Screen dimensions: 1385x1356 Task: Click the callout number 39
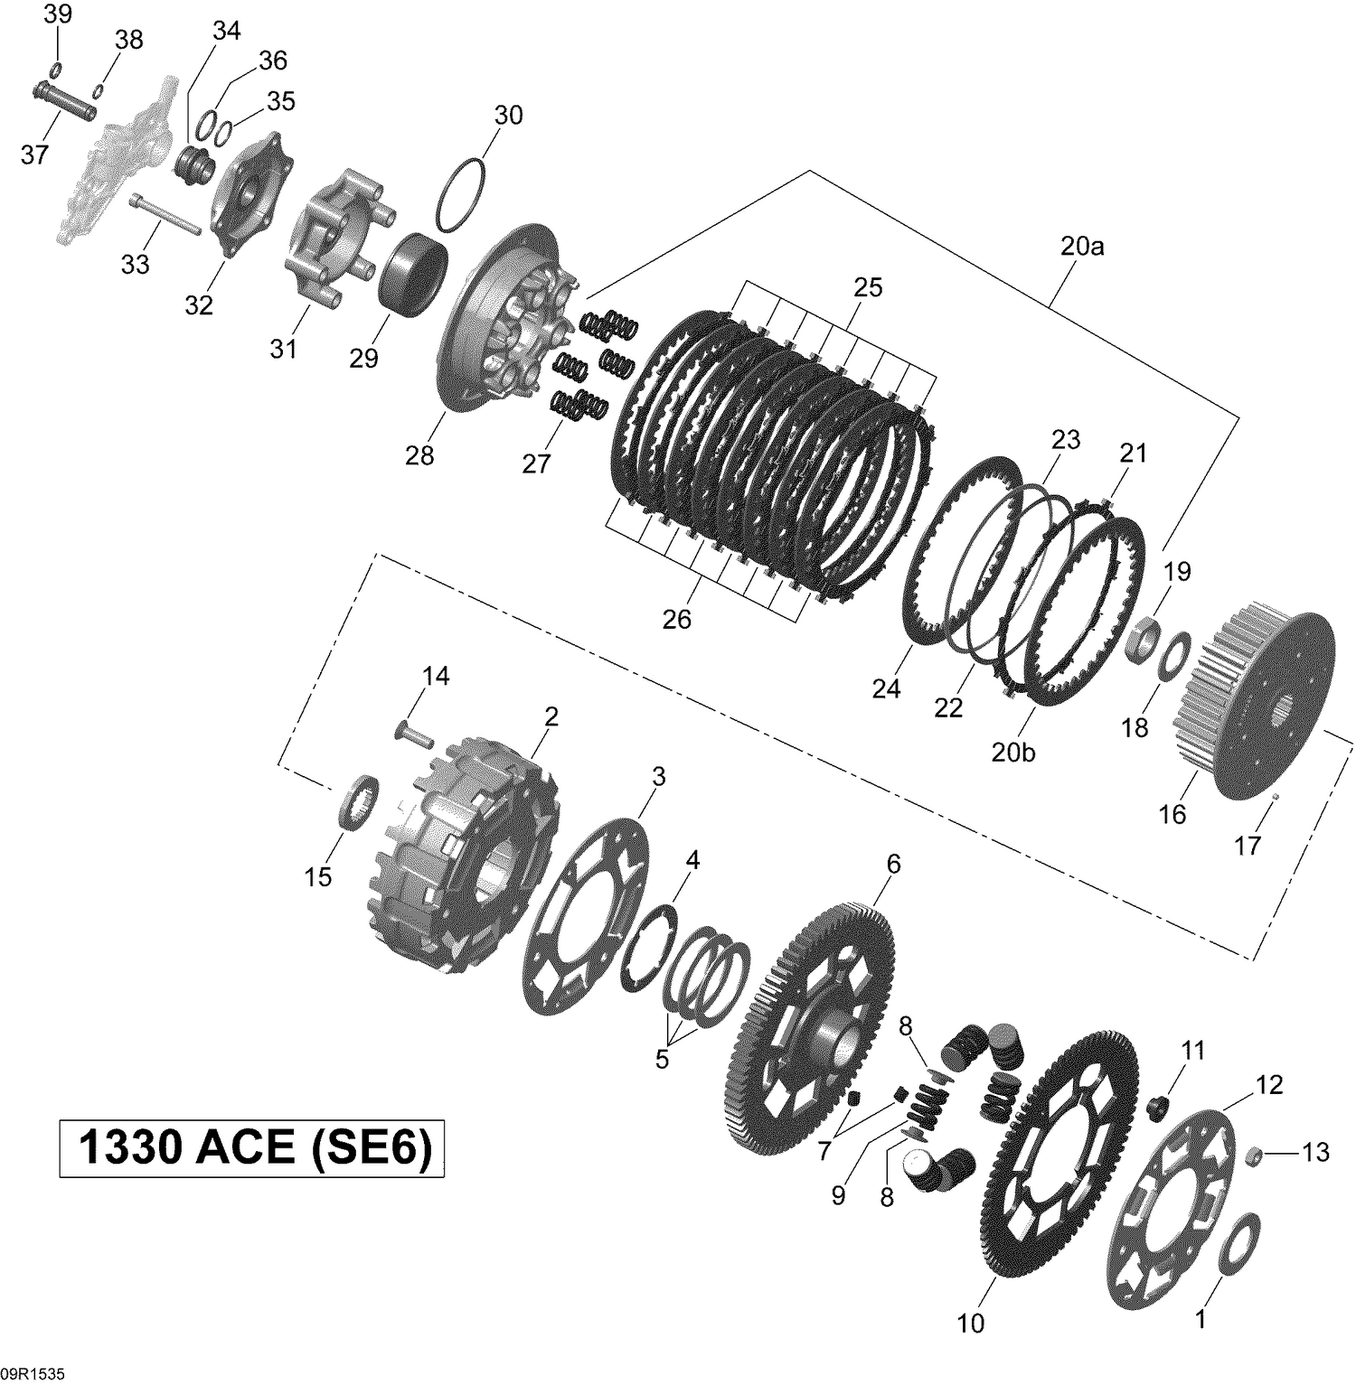58,14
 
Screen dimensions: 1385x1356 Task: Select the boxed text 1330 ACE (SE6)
252,1148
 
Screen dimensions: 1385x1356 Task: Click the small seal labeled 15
359,798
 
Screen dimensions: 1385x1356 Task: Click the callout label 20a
1082,246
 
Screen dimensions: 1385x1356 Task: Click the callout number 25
868,287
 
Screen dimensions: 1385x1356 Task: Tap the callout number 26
676,619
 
